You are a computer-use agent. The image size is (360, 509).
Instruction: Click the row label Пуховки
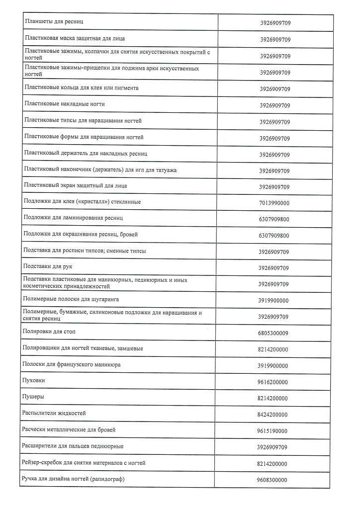point(34,380)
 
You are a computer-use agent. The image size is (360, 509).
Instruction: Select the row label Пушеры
point(33,397)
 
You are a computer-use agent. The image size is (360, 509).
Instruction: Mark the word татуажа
point(167,170)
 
